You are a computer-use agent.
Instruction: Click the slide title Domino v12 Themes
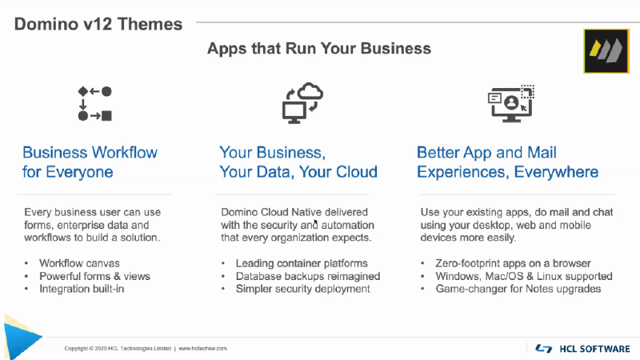(98, 24)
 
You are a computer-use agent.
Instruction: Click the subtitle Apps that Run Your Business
(318, 48)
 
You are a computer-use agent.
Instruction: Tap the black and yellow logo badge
(606, 51)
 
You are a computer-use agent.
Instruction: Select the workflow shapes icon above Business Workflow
(94, 104)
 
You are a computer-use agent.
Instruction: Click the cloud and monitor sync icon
(302, 103)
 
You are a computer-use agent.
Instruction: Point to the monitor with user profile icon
(511, 104)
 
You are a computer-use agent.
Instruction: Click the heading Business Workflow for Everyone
(90, 162)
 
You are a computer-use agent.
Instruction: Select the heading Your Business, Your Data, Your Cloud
(298, 162)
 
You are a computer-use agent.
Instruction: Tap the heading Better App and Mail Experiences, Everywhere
(507, 162)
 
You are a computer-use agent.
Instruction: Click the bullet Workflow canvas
(79, 263)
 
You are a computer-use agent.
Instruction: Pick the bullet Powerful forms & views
(94, 276)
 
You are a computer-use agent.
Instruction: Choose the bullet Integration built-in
(82, 289)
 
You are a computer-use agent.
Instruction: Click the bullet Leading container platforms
(302, 263)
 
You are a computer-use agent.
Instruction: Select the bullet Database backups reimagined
(308, 276)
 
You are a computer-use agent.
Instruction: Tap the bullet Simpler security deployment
(303, 289)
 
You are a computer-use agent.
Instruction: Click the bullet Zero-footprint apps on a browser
(513, 263)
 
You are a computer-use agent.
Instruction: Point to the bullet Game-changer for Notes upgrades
(518, 289)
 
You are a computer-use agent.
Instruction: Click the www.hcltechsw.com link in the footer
(203, 349)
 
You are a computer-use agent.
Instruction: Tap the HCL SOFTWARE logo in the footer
(582, 349)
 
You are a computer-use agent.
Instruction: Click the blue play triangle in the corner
(21, 337)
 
